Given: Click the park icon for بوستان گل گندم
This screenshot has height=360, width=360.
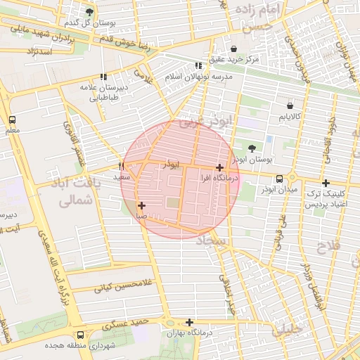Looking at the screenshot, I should click(x=89, y=12).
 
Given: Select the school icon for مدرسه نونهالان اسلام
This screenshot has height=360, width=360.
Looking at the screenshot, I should click(x=198, y=65).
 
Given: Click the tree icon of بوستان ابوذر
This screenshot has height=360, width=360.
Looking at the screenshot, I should click(x=252, y=148).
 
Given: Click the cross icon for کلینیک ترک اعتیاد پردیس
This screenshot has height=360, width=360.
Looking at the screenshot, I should click(x=325, y=183).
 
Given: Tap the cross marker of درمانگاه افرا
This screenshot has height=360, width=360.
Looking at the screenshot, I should click(x=220, y=167).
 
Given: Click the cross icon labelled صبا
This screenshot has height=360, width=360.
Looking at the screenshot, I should click(x=141, y=206).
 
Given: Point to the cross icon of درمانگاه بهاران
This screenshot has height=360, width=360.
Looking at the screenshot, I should click(x=189, y=321).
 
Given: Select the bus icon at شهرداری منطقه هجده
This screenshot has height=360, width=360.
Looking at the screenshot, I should click(x=80, y=335).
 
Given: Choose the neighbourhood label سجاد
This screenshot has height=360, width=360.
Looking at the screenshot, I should click(x=213, y=241).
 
